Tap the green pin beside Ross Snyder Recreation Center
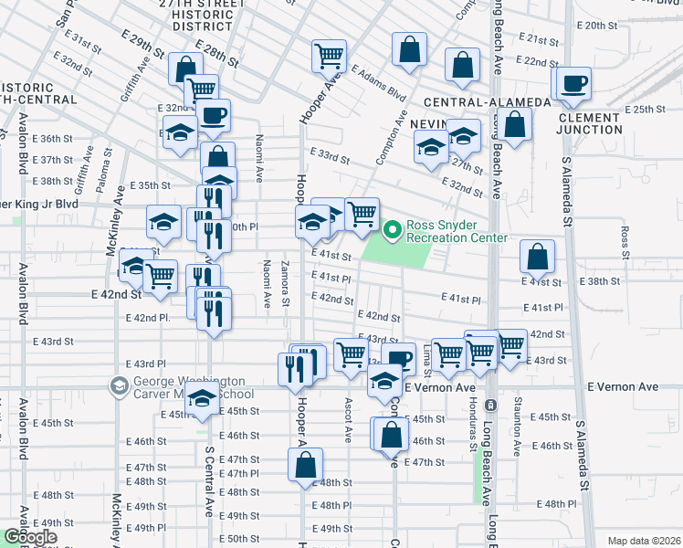click(x=394, y=231)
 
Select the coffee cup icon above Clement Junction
click(x=573, y=84)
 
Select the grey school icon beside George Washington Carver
click(x=119, y=387)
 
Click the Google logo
click(x=31, y=537)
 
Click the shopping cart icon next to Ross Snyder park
click(x=363, y=214)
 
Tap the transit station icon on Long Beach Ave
click(x=491, y=404)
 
